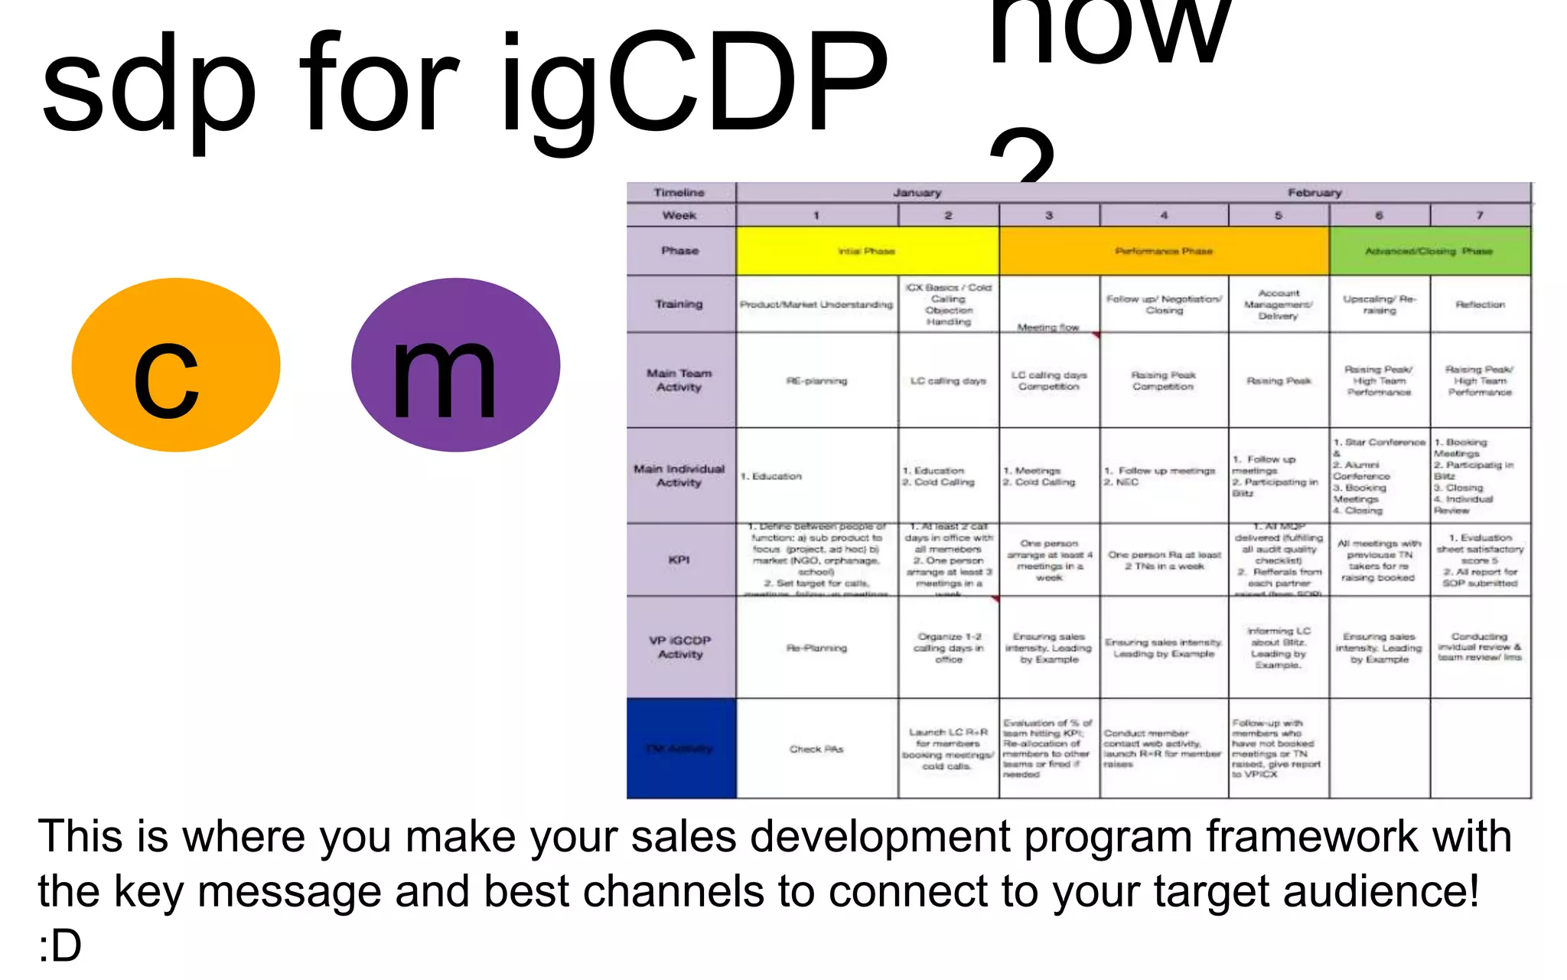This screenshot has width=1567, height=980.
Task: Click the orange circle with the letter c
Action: pos(175,365)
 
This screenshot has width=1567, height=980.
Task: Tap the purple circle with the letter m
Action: pos(455,365)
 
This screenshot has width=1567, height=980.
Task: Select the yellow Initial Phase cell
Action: pos(867,251)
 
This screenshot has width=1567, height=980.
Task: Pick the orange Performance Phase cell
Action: pos(1164,251)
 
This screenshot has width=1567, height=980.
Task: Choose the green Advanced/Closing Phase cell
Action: pos(1429,251)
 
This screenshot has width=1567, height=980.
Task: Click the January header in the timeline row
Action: pos(917,193)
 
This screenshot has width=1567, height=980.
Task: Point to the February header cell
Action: pos(1315,193)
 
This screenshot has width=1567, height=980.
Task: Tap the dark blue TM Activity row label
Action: pos(680,748)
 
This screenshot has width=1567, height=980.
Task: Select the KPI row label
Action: pos(679,560)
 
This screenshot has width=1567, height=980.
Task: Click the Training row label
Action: pos(679,304)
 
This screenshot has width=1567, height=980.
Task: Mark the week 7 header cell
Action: pos(1480,215)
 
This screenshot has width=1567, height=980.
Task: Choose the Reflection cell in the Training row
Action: pos(1480,304)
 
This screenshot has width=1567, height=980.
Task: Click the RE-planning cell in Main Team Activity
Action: pos(816,381)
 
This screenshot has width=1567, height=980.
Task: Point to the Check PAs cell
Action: pos(816,749)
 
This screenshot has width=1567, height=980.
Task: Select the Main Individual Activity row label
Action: pos(679,475)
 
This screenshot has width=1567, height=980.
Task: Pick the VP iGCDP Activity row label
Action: pos(679,647)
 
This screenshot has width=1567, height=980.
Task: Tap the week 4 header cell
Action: pos(1164,215)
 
